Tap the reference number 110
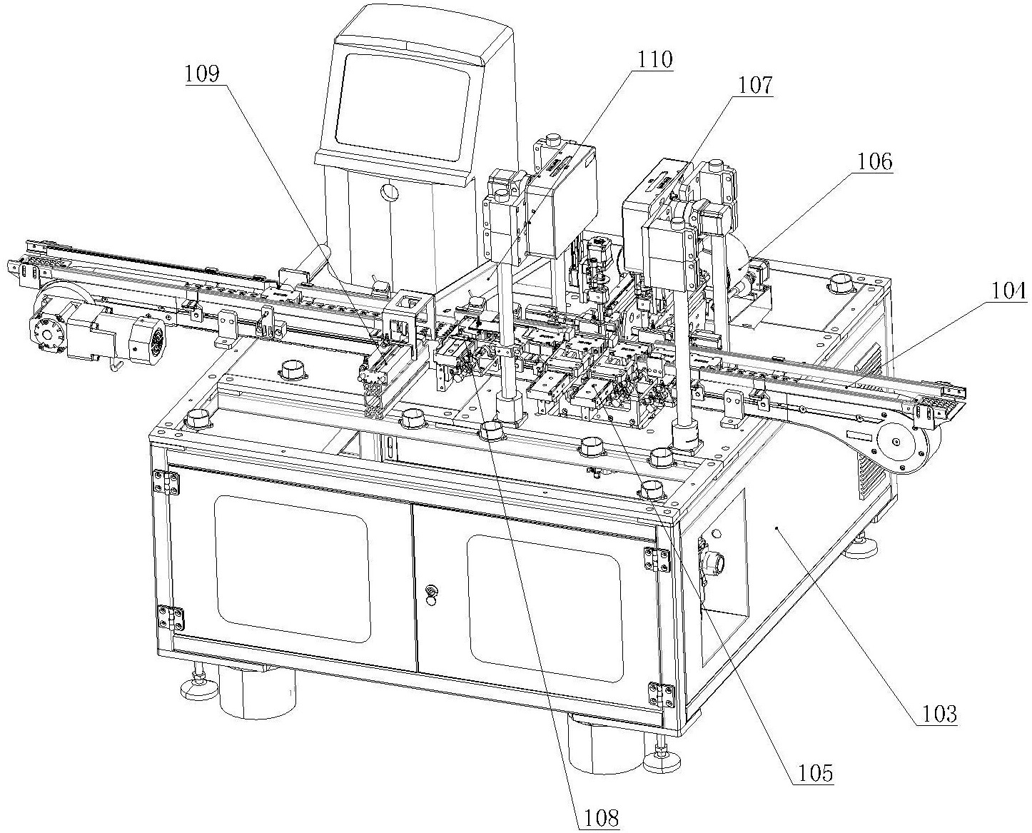coord(654,60)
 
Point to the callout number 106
coord(875,161)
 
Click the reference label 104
coord(1008,291)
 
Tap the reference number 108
coord(601,818)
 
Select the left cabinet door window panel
coord(291,569)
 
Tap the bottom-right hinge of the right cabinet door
coord(661,696)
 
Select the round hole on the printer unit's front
coord(390,193)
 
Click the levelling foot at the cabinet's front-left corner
coord(198,685)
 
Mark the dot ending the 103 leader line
coord(778,528)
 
